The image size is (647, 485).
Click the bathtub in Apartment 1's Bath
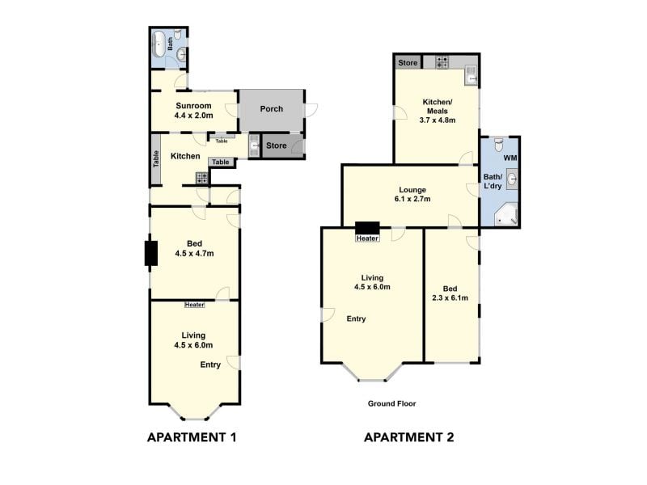pos(159,44)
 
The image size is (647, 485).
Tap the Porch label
pos(272,109)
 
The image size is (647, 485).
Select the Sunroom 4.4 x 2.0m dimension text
pos(193,116)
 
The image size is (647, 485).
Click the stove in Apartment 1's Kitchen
pos(202,178)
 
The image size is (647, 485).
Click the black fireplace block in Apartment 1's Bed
pos(151,253)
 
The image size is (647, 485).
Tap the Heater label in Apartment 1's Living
pos(194,305)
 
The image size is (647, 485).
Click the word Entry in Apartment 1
pos(210,365)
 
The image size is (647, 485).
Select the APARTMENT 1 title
pos(192,437)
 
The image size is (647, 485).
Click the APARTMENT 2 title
pos(409,437)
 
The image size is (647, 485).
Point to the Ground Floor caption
pos(391,403)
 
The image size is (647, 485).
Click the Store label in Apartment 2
pos(408,63)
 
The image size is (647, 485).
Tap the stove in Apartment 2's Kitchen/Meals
pos(442,63)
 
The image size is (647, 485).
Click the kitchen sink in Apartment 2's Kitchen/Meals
pos(471,75)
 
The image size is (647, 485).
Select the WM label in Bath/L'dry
pos(510,158)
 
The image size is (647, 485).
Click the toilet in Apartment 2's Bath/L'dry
pos(499,145)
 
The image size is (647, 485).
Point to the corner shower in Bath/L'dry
pos(506,214)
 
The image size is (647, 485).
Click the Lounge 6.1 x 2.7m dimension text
pos(412,199)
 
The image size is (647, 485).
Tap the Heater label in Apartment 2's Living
pos(367,238)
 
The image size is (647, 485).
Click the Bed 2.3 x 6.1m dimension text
pos(450,297)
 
